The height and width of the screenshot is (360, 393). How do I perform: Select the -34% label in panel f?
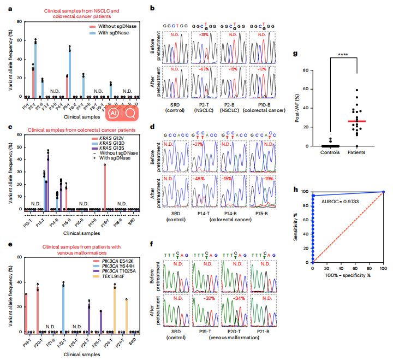coord(237,314)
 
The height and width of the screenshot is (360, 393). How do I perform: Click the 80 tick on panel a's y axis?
coord(20,22)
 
